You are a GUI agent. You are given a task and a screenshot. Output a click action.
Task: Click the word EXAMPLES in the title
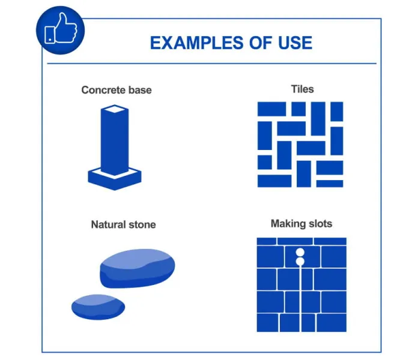pos(197,43)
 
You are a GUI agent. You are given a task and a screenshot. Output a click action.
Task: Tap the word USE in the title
pos(295,43)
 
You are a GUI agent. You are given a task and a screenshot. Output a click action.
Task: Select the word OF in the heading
pos(261,43)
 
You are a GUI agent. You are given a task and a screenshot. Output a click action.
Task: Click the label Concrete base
pos(117,90)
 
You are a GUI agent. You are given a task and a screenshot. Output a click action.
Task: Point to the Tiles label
pos(302,89)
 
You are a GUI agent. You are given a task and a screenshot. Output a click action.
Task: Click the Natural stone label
pos(124,224)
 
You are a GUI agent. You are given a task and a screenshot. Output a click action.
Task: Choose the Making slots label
pos(301,224)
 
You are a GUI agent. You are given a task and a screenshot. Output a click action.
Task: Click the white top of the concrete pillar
pos(115,109)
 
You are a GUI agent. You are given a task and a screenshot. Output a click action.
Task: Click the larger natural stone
pos(138,268)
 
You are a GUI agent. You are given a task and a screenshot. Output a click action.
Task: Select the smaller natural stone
pos(98,307)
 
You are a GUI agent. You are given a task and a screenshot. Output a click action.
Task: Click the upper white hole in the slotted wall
pos(300,252)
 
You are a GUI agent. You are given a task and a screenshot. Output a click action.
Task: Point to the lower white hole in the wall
pos(300,262)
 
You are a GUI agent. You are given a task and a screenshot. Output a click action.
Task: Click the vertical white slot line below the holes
pos(301,299)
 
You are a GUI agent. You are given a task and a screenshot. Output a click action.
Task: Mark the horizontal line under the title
pos(211,64)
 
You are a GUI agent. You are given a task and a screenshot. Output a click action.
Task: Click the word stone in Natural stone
pos(142,225)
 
